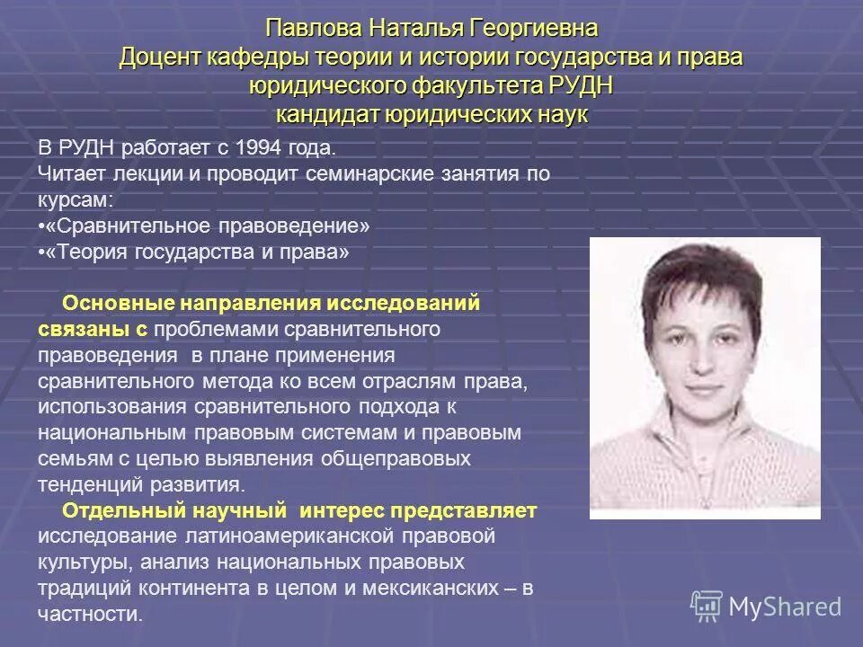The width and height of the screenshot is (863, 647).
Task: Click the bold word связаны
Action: pyautogui.click(x=81, y=329)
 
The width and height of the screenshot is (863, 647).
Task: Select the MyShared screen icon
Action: pyautogui.click(x=707, y=607)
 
